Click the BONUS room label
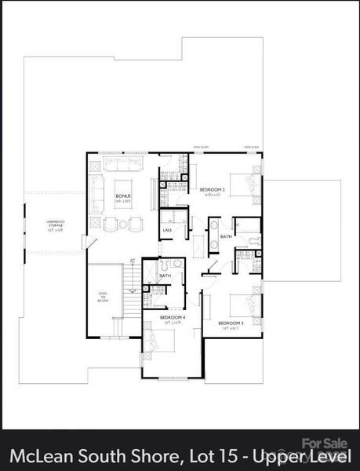(x=123, y=196)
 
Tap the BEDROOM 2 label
(x=213, y=190)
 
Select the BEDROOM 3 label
(x=231, y=323)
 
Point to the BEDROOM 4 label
(x=173, y=317)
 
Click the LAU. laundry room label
(x=167, y=229)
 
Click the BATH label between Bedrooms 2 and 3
(x=226, y=235)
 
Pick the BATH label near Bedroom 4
(x=165, y=276)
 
